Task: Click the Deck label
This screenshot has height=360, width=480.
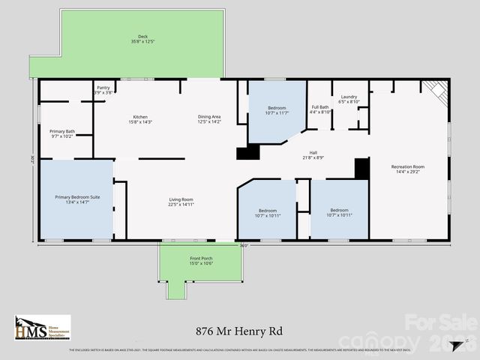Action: click(142, 36)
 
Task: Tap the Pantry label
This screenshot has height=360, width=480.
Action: click(103, 88)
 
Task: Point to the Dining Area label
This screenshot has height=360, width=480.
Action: click(209, 117)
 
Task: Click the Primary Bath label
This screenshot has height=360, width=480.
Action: click(62, 132)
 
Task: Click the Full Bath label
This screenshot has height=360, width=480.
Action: click(319, 107)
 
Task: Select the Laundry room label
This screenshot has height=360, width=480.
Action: click(349, 97)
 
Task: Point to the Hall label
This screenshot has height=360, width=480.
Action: click(313, 152)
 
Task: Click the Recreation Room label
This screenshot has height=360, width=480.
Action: click(408, 166)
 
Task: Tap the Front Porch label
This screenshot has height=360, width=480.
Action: click(201, 258)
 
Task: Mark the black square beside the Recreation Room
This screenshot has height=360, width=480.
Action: click(362, 168)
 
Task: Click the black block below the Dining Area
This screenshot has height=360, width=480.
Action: click(247, 153)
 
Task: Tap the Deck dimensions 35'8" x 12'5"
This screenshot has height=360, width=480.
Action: click(142, 41)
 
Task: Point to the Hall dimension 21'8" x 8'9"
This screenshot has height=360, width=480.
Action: click(313, 157)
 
